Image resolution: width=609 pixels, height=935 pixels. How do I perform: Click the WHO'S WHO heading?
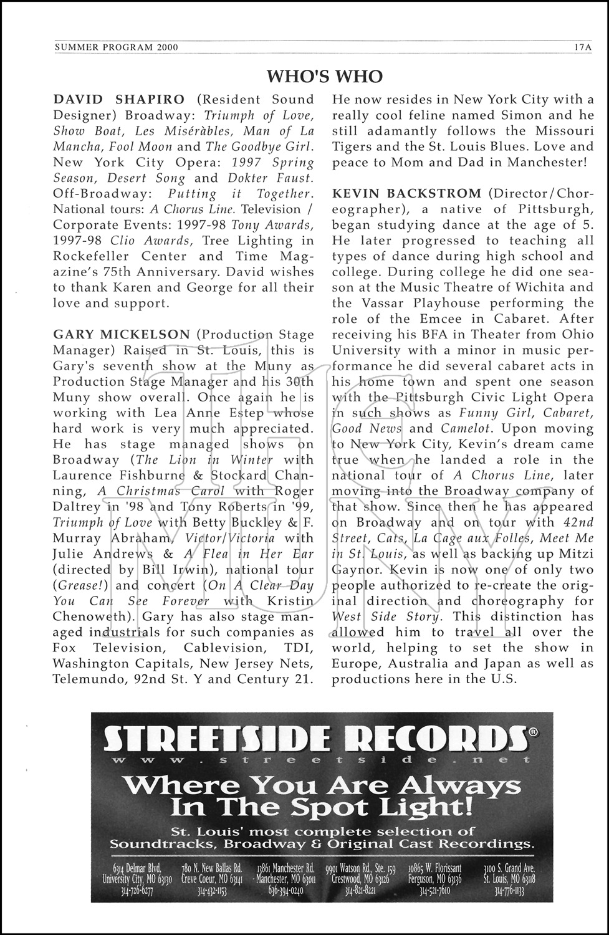click(324, 76)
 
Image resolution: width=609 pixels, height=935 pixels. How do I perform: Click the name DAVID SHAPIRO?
click(118, 99)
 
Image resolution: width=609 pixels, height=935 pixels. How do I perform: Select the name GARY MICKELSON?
click(122, 335)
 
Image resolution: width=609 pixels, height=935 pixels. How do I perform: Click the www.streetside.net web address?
click(318, 760)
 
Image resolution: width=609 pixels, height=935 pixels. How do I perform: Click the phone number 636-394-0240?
click(289, 891)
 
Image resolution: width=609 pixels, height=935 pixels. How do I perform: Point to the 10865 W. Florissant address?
click(435, 868)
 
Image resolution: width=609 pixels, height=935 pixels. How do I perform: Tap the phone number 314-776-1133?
click(509, 891)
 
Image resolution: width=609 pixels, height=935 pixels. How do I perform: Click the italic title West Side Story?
click(386, 616)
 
